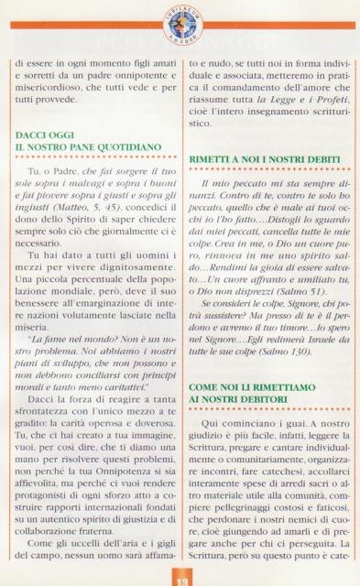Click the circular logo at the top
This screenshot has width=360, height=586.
click(x=180, y=19)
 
